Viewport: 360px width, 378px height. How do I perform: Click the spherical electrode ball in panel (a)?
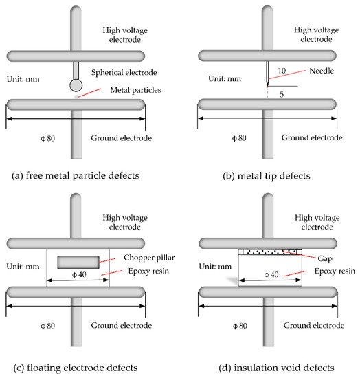click(75, 85)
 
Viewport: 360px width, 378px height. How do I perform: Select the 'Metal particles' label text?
click(121, 89)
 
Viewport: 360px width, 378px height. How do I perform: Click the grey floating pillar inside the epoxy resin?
click(78, 262)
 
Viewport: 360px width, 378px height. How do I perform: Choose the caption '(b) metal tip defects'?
click(262, 175)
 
